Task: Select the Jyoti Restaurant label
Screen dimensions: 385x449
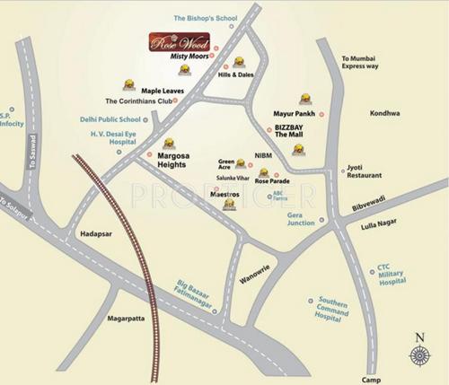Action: (367, 173)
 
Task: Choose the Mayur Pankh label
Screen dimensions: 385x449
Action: (293, 115)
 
